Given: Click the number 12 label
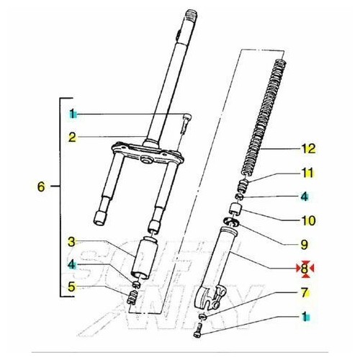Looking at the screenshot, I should click(x=309, y=149).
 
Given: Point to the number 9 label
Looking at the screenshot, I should click(x=305, y=243).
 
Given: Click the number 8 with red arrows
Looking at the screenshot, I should click(x=305, y=269).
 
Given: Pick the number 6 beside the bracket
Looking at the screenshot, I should click(x=41, y=186).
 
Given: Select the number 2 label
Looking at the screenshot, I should click(x=72, y=135).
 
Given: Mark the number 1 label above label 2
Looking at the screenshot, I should click(x=72, y=114).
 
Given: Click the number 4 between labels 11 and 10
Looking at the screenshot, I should click(x=305, y=195).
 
